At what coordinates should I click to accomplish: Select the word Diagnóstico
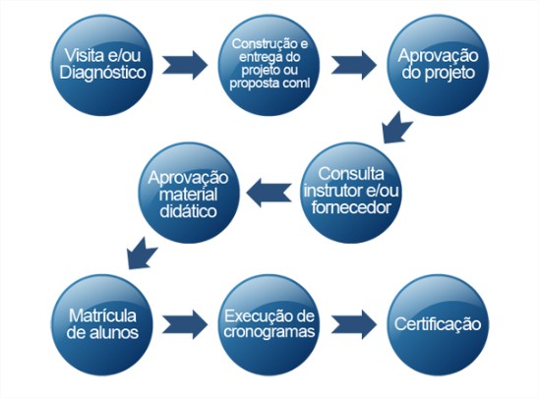pyautogui.click(x=102, y=73)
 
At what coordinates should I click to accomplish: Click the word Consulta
pyautogui.click(x=351, y=174)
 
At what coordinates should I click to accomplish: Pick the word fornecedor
pyautogui.click(x=351, y=207)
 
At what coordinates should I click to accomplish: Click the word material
pyautogui.click(x=188, y=195)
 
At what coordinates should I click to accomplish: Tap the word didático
pyautogui.click(x=188, y=211)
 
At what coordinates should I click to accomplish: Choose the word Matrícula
pyautogui.click(x=102, y=315)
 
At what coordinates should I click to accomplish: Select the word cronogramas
pyautogui.click(x=269, y=332)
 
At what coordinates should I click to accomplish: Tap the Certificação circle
pyautogui.click(x=438, y=324)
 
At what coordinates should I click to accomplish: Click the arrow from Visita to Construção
pyautogui.click(x=185, y=65)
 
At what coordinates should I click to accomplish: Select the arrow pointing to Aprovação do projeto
pyautogui.click(x=354, y=65)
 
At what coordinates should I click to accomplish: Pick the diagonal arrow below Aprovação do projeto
pyautogui.click(x=397, y=128)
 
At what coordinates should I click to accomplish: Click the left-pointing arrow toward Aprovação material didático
pyautogui.click(x=269, y=193)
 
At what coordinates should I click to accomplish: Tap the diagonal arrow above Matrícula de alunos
pyautogui.click(x=142, y=254)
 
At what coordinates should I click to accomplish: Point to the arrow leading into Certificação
pyautogui.click(x=354, y=324)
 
